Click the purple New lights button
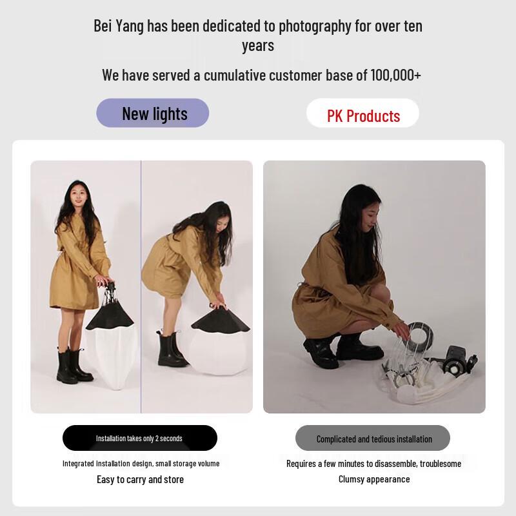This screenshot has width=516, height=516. pos(153,114)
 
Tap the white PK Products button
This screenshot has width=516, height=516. pos(362,115)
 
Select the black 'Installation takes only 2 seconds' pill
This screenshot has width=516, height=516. pos(139,438)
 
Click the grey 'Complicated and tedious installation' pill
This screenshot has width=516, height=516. pos(373,439)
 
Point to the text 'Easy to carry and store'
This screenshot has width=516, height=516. pos(140,479)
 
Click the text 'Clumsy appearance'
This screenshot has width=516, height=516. pos(374,479)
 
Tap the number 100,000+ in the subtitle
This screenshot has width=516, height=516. pos(395,75)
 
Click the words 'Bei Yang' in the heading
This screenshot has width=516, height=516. pos(119,26)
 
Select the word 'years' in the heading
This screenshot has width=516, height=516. pos(258,45)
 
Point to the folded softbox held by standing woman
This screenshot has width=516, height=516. pos(111,335)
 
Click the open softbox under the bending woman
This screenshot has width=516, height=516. pos(219,339)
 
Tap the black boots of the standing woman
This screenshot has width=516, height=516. pos(72,366)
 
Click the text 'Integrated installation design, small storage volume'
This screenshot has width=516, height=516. pos(141,463)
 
